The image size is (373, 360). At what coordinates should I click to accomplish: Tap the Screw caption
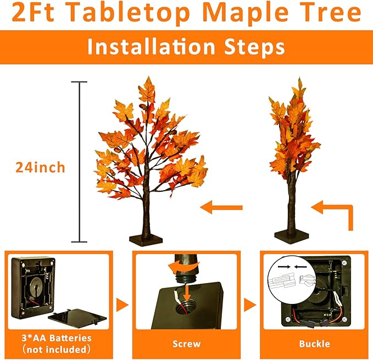click(x=186, y=344)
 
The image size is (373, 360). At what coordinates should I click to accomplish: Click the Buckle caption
click(x=315, y=344)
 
